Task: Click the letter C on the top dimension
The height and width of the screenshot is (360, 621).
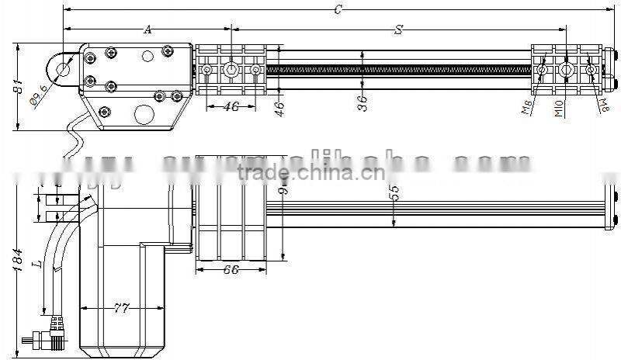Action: [x=338, y=9]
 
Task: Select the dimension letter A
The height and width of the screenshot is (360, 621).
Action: [x=147, y=29]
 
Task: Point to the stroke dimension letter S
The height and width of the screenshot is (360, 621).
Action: [x=398, y=29]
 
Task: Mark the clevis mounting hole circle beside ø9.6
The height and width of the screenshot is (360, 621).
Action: [x=62, y=67]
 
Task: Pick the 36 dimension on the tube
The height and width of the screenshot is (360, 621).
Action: [x=362, y=102]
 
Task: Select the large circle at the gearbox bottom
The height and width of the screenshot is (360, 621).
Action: [x=144, y=114]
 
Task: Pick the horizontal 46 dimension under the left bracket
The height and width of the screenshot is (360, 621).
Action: [x=230, y=107]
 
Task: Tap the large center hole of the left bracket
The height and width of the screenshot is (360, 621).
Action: [x=231, y=71]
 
